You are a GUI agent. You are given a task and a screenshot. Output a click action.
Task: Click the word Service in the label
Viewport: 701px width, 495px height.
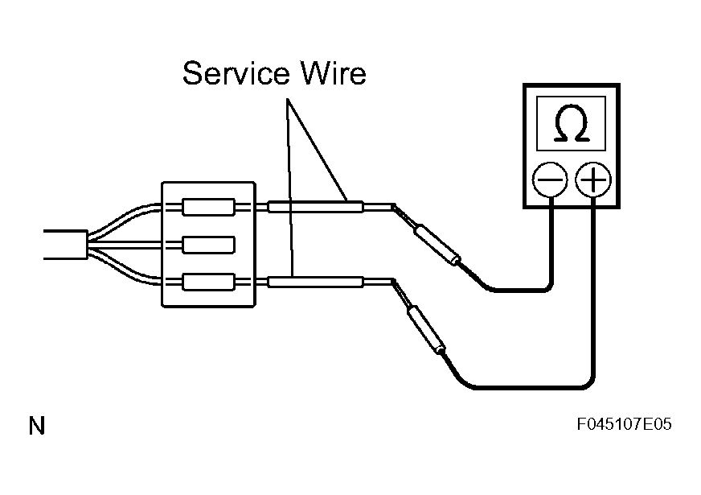coord(236,73)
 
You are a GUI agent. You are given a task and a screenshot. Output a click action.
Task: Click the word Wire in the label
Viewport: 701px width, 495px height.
coord(334,73)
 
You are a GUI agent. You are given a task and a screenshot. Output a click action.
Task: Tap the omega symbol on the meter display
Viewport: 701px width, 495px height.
coord(571,123)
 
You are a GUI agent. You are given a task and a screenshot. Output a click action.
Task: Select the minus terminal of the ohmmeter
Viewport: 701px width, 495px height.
coord(550,180)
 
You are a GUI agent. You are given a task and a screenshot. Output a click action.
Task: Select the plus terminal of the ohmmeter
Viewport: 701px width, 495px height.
coord(592,180)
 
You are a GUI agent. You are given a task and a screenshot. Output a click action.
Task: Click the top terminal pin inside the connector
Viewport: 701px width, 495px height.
coord(208,207)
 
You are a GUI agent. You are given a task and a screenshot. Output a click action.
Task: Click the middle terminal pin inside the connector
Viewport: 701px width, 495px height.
coord(208,245)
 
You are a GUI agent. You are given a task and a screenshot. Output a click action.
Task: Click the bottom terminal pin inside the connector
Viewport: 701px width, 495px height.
coord(208,282)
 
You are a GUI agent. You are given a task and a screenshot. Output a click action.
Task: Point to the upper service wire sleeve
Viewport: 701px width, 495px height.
coord(315,207)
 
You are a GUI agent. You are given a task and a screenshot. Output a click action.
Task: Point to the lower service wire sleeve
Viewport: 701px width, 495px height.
coord(315,282)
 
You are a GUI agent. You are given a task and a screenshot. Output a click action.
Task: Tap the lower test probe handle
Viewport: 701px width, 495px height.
coord(427,330)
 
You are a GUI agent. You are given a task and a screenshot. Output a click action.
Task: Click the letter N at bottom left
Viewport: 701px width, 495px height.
coord(37,426)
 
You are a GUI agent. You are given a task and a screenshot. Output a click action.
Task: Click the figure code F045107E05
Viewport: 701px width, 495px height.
coord(624,424)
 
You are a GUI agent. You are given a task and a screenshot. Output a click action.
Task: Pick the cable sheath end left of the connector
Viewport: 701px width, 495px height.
coord(66,245)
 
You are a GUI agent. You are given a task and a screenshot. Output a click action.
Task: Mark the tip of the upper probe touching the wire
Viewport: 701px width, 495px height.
coord(393,206)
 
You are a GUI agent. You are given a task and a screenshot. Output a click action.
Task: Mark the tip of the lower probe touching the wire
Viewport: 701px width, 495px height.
coord(393,281)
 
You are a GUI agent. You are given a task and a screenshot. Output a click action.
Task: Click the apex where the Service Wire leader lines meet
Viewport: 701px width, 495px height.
coord(287,99)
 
